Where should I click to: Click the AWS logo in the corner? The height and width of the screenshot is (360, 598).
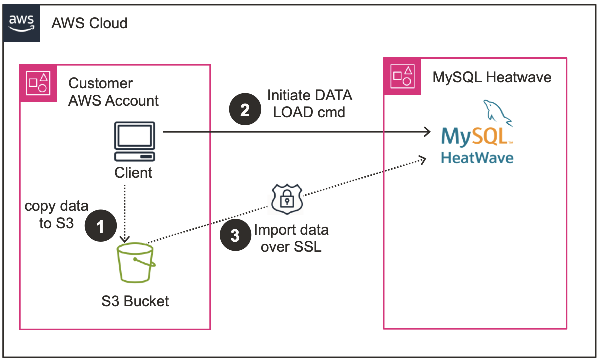(x=21, y=22)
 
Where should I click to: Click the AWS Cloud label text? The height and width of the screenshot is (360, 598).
(x=89, y=23)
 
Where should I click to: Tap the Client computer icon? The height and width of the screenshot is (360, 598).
(x=134, y=142)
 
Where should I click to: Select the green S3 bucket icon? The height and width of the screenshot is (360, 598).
(x=135, y=264)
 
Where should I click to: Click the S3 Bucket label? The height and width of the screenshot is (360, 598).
(x=135, y=301)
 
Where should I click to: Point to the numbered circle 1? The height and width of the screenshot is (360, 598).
(x=100, y=227)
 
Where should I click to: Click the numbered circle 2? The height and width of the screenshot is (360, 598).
(x=245, y=109)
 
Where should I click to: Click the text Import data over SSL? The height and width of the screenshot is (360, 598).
(x=291, y=238)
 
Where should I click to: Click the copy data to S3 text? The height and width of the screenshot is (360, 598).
(x=56, y=214)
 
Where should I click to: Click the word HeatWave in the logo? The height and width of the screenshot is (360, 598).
(x=477, y=158)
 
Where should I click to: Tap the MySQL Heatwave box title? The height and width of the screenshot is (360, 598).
(x=492, y=77)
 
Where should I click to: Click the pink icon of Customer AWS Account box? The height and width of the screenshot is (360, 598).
(x=38, y=83)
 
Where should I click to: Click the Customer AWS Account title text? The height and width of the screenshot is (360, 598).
(x=113, y=92)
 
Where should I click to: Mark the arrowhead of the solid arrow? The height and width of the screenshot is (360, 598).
(x=427, y=132)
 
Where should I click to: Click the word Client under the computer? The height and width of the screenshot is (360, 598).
(x=133, y=173)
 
